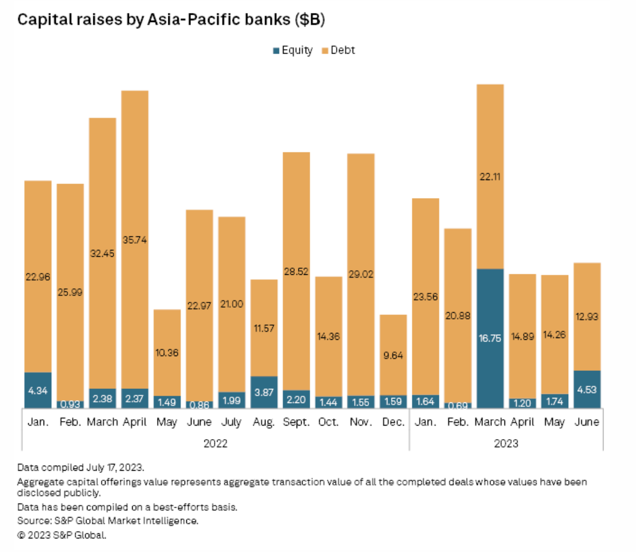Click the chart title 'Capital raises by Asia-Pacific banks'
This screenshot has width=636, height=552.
click(x=172, y=20)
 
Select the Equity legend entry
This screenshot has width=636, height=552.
click(x=293, y=50)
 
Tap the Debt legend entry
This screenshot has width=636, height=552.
click(x=339, y=50)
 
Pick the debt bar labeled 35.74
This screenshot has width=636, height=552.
click(x=135, y=239)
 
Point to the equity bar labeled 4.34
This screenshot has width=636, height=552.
click(x=38, y=389)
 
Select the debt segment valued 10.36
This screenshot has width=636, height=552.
click(x=167, y=352)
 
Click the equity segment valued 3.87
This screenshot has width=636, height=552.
click(x=264, y=392)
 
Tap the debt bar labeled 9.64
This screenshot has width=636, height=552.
click(x=393, y=354)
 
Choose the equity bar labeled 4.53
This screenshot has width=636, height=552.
click(x=587, y=389)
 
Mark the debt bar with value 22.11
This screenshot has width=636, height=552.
click(x=490, y=176)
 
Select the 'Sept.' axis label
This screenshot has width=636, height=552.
click(x=296, y=422)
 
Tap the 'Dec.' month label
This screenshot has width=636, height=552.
click(x=393, y=422)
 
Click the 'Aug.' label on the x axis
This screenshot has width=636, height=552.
click(x=264, y=422)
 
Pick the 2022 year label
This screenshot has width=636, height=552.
click(x=215, y=443)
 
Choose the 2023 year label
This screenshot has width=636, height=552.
click(x=506, y=443)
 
